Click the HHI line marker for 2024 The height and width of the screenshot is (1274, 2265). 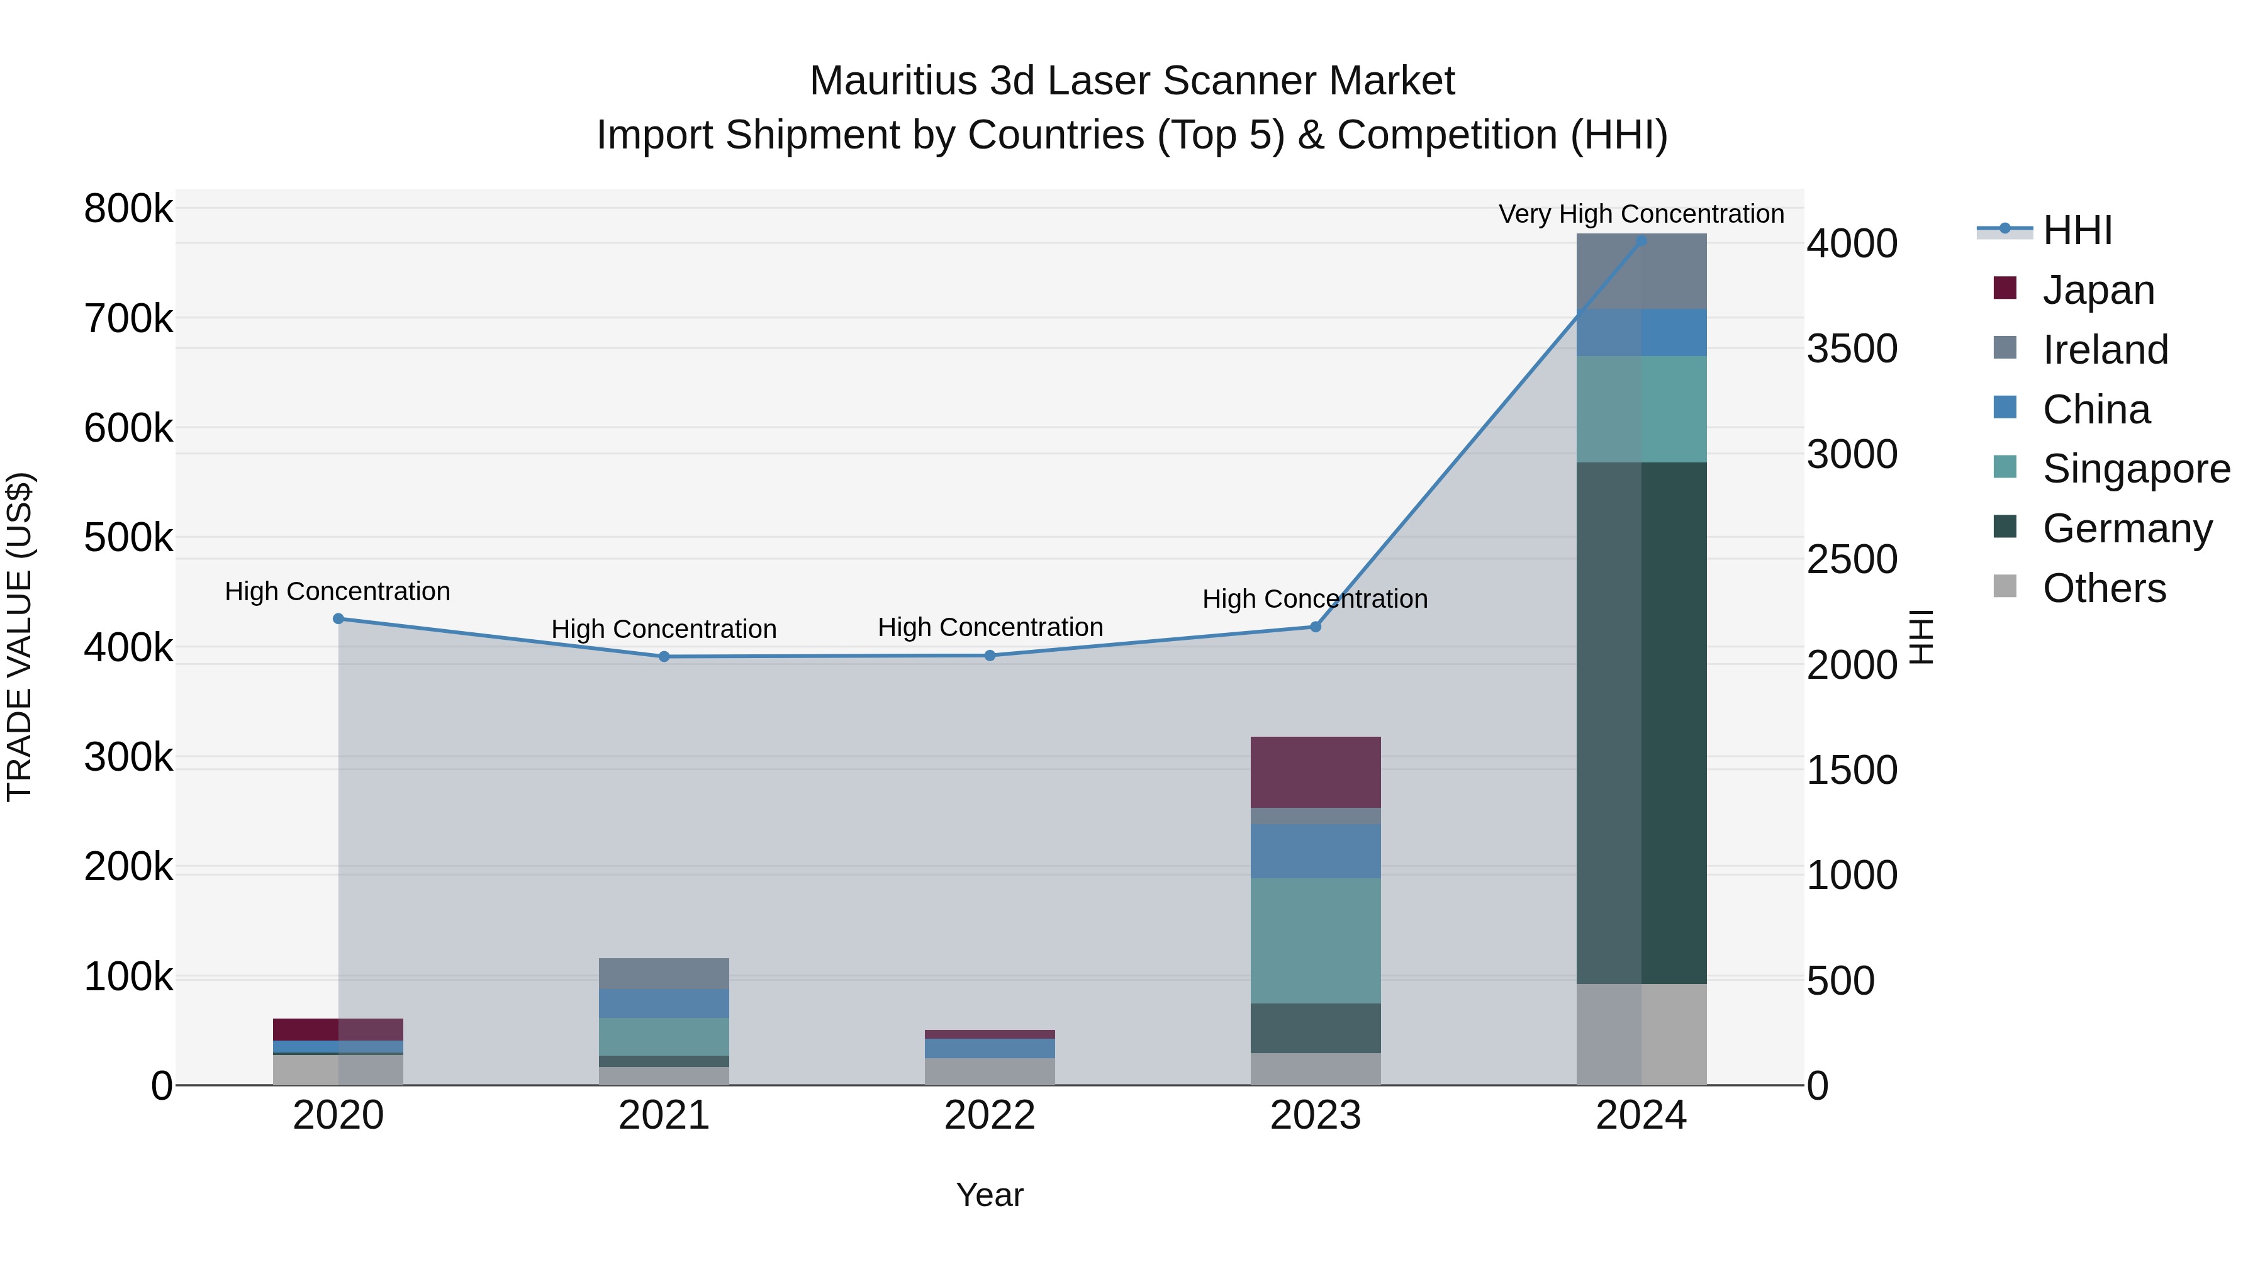point(1641,240)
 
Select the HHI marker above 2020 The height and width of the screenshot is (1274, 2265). point(338,619)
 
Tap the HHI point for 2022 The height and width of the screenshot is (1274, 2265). point(990,655)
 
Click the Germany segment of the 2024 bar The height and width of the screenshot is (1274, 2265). point(1641,723)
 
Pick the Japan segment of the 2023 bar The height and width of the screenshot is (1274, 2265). point(1316,772)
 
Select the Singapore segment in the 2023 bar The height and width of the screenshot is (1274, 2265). point(1316,941)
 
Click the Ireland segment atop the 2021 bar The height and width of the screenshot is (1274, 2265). point(664,973)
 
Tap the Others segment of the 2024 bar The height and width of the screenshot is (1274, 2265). point(1641,1034)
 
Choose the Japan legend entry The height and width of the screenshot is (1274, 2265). point(2098,290)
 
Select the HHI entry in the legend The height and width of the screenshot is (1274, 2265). point(2077,230)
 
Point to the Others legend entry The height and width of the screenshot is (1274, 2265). point(2104,588)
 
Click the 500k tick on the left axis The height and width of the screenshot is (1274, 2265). point(128,538)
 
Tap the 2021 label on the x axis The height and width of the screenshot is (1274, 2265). point(664,1115)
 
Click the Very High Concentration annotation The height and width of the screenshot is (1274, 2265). point(1641,214)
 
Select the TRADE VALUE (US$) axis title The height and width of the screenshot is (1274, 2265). point(20,637)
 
